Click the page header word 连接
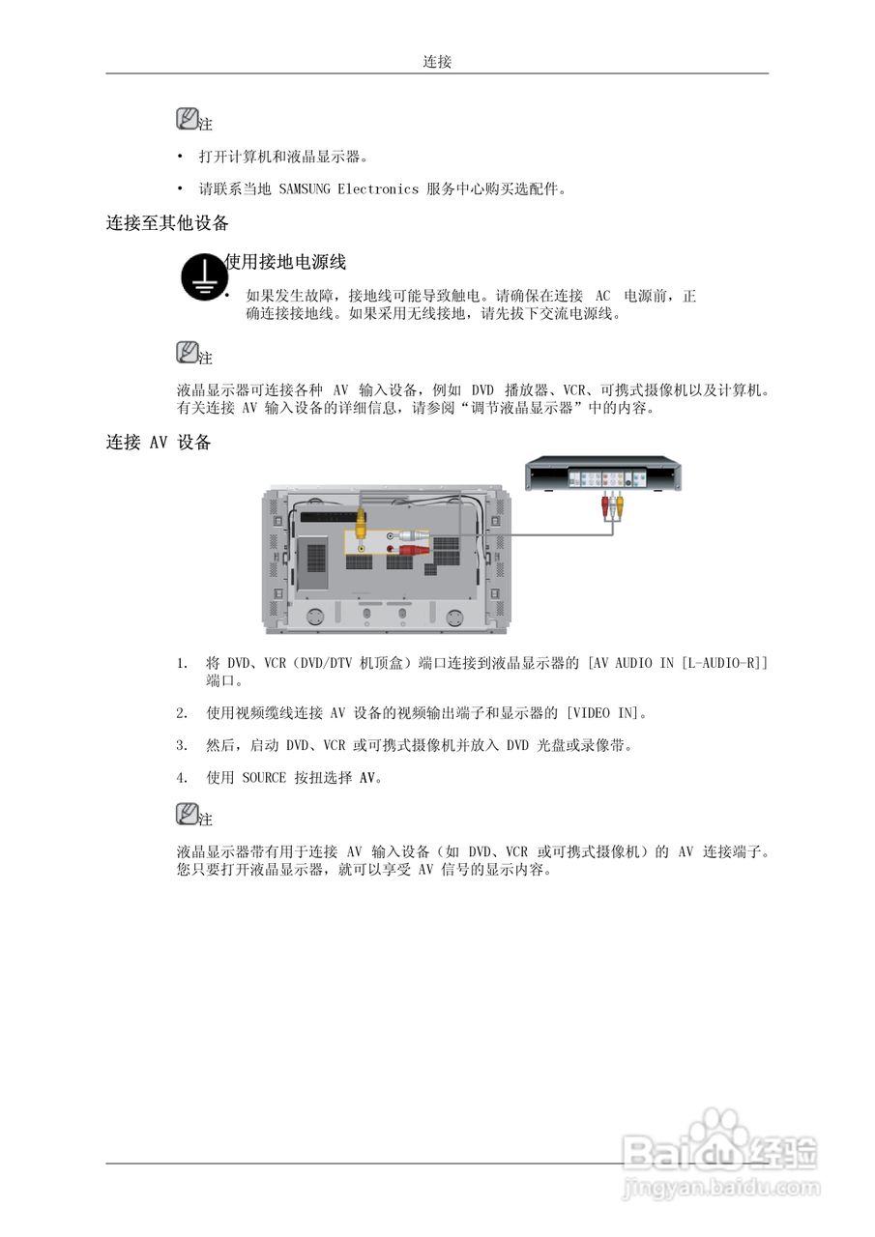[437, 62]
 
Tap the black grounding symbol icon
[201, 275]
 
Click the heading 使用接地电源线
[285, 262]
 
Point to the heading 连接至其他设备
[167, 223]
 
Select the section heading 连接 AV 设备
[159, 443]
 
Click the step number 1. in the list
[182, 663]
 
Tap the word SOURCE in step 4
[264, 777]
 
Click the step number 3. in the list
[182, 745]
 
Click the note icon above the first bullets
[188, 119]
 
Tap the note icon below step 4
[188, 814]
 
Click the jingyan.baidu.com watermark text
[721, 1188]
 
